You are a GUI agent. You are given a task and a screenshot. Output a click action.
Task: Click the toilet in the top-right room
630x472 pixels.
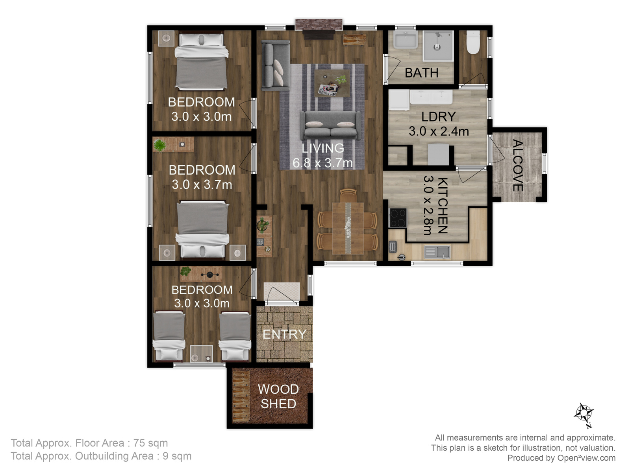(x=473, y=42)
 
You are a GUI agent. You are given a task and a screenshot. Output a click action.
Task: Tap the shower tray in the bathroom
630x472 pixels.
(x=438, y=46)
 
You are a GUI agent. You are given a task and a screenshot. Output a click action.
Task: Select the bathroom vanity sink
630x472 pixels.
(x=405, y=40)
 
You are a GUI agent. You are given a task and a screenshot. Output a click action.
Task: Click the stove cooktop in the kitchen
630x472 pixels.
(x=398, y=218)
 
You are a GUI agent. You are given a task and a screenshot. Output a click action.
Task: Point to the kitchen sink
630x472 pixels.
(x=437, y=252)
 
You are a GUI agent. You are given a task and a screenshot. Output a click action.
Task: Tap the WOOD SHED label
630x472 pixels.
(x=278, y=396)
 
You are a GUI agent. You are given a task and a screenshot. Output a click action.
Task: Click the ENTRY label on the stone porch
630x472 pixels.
(x=284, y=334)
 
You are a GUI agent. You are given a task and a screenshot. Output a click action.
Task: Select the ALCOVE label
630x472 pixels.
(x=517, y=165)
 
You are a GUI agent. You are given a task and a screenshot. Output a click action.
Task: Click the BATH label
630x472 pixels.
(x=421, y=73)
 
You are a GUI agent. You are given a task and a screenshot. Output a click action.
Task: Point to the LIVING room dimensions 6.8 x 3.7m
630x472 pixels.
(x=322, y=163)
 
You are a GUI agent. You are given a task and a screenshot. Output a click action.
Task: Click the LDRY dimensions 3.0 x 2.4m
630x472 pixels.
(x=439, y=131)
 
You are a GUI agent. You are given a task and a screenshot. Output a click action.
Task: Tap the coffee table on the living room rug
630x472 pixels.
(x=332, y=83)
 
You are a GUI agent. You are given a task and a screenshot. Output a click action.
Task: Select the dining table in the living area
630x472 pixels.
(x=348, y=228)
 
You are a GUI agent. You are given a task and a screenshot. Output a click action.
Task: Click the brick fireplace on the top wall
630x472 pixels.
(x=319, y=25)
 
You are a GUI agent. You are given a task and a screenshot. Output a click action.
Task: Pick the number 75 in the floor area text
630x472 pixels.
(x=139, y=443)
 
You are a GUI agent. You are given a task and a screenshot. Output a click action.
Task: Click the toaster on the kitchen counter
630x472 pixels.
(x=392, y=247)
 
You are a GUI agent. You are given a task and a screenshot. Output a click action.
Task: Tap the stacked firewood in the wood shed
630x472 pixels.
(x=241, y=397)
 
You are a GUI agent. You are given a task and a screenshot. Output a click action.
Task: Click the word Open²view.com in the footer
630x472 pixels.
(x=586, y=458)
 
